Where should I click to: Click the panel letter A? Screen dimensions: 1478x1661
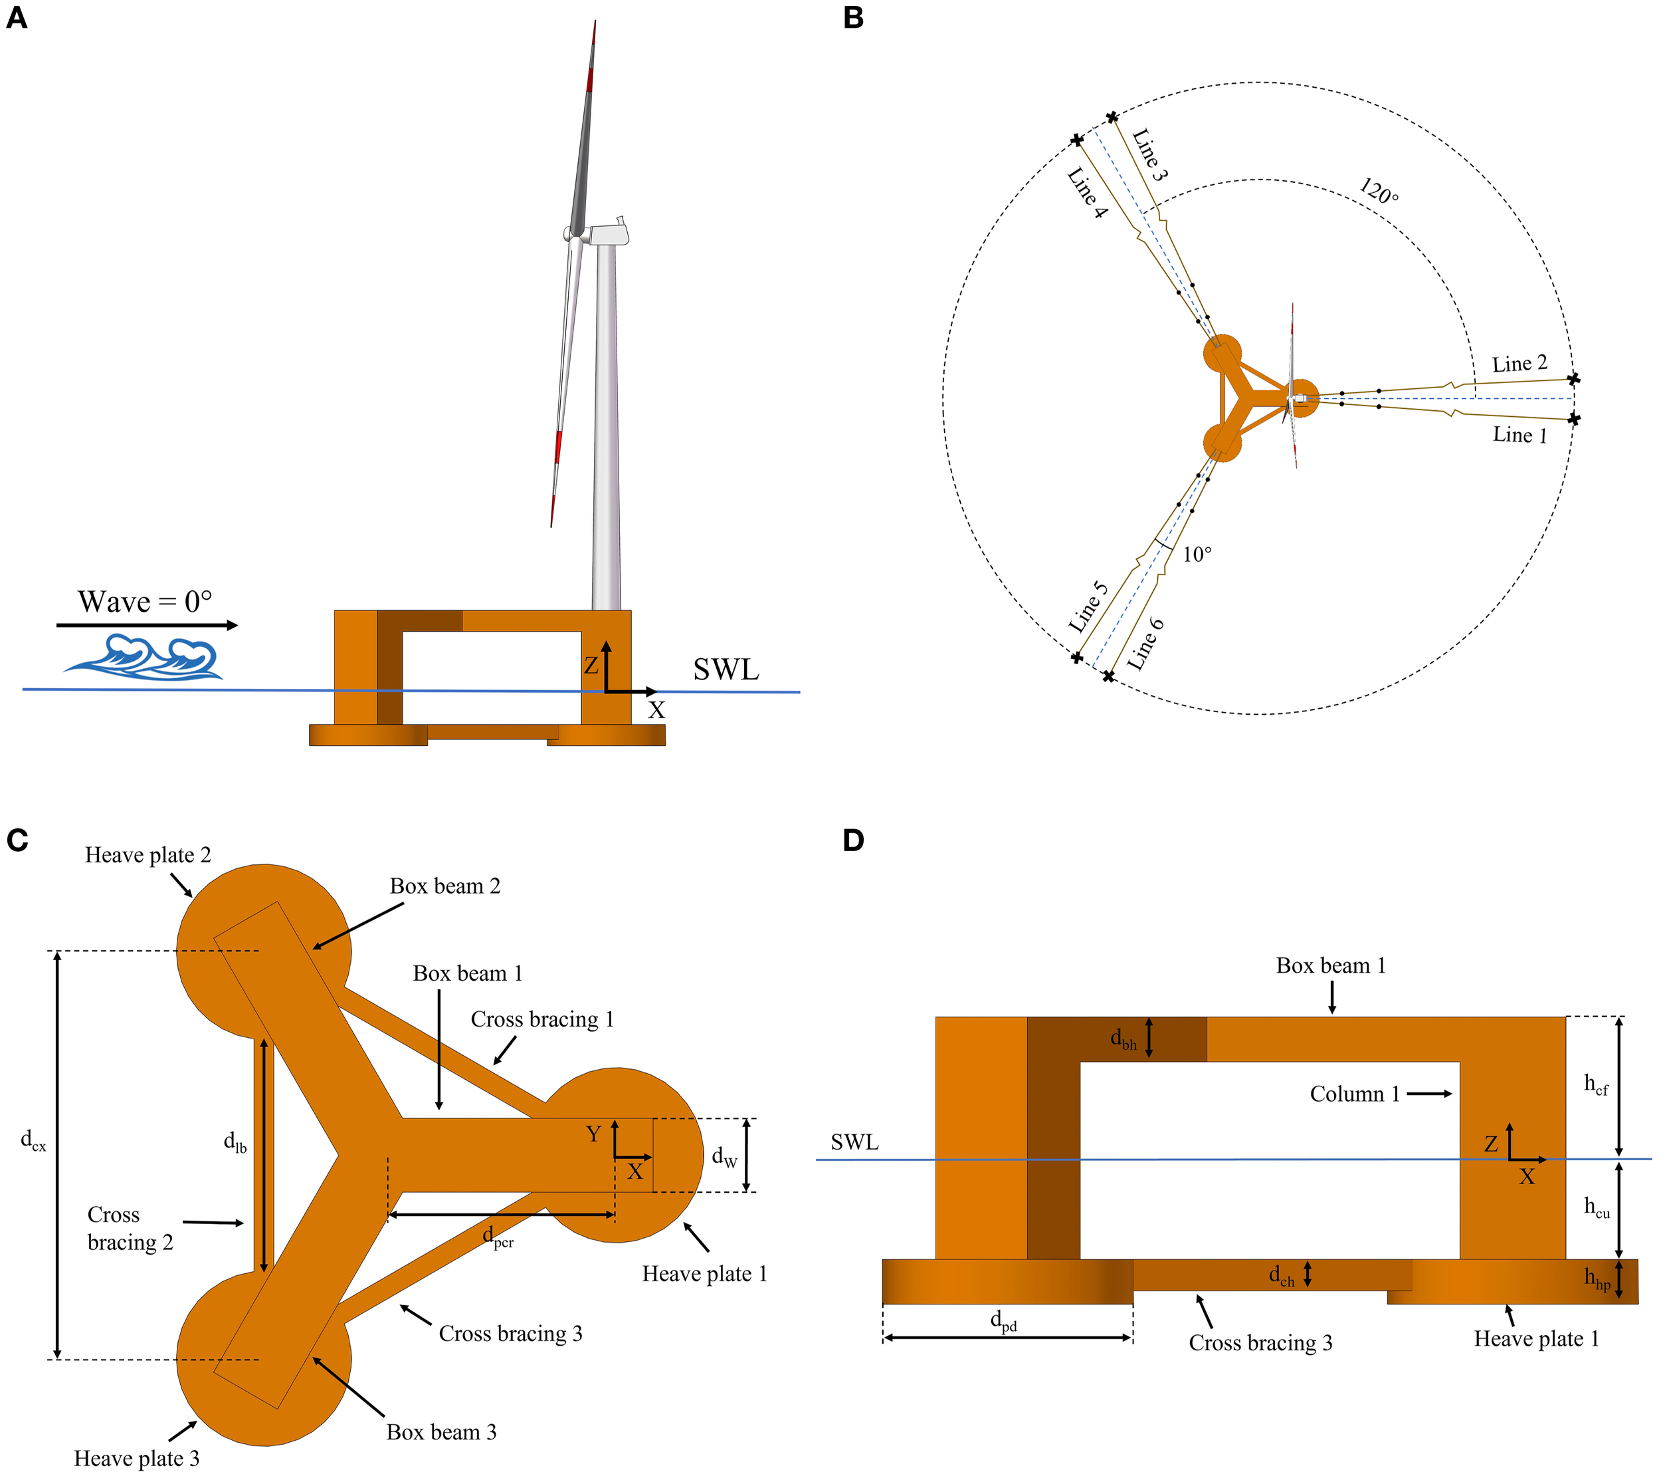(16, 18)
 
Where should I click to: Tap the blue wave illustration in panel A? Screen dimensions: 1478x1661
(145, 657)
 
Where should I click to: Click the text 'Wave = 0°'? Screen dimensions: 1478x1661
(145, 602)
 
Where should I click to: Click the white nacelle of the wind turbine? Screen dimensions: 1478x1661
(609, 234)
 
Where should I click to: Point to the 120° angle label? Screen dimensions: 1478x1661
(1379, 193)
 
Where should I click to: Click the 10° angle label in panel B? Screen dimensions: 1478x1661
(1196, 554)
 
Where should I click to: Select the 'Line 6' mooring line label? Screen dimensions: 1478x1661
(1146, 644)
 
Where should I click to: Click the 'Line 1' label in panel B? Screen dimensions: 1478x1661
(1519, 435)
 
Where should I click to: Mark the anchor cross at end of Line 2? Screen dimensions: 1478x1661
(1574, 379)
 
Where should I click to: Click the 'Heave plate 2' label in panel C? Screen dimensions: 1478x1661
(148, 855)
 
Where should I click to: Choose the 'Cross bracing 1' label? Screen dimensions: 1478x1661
(542, 1019)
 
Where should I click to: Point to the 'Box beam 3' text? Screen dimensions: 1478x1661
(441, 1431)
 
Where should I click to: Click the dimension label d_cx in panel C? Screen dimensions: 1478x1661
(33, 1141)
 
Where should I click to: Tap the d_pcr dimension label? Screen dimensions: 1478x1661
(498, 1237)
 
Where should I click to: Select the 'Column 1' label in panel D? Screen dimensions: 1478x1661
(1354, 1094)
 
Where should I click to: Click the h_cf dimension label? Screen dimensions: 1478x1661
(1596, 1084)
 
